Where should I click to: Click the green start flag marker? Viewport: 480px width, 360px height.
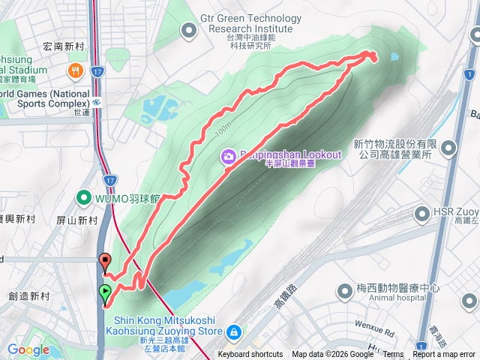coord(105,293)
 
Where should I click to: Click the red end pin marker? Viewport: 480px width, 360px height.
coord(105,262)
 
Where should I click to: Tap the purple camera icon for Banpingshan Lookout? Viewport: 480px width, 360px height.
coord(228,156)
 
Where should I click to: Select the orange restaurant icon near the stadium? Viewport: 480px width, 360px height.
coord(75,71)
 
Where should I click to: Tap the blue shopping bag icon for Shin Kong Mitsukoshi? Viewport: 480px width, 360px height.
coord(234,331)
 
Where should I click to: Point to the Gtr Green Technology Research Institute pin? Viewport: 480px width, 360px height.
coord(188,30)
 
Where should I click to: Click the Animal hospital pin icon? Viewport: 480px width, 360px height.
coord(346,289)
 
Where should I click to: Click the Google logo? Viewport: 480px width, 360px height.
coord(28,349)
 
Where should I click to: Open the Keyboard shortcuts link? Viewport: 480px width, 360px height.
coord(250,355)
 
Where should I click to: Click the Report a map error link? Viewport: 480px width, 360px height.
coord(445,355)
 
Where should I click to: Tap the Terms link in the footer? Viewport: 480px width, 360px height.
coord(393,355)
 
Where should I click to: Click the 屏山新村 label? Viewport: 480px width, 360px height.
coord(78,220)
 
